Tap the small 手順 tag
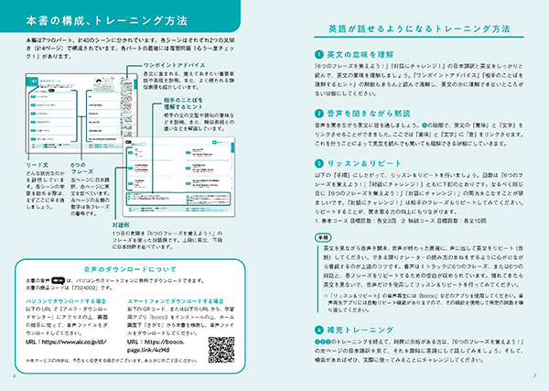(x=323, y=238)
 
